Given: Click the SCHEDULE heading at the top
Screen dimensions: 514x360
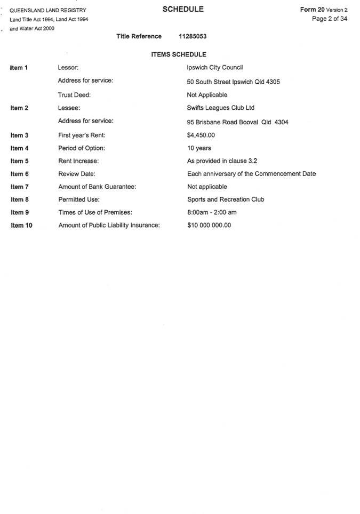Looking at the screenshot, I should click(x=183, y=10).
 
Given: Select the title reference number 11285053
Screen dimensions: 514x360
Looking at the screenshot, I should click(x=193, y=36).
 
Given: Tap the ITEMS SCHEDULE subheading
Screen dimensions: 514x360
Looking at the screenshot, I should click(x=179, y=54).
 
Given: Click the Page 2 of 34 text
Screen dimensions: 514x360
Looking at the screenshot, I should click(x=330, y=19).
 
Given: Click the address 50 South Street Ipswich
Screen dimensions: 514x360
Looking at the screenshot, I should click(x=234, y=82).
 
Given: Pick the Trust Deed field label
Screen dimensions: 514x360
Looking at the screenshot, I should click(x=74, y=95).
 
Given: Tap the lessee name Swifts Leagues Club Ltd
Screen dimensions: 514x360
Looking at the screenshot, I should click(x=221, y=108).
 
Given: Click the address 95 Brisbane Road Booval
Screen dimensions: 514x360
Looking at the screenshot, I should click(x=238, y=122).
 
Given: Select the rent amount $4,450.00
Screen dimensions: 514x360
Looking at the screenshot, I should click(x=201, y=135).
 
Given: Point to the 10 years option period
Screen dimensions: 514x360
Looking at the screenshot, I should click(x=199, y=148).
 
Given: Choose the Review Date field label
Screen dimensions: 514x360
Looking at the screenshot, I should click(x=76, y=174).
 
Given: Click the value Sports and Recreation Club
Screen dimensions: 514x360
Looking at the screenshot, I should click(x=226, y=199).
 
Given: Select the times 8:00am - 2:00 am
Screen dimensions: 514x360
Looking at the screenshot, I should click(x=212, y=212).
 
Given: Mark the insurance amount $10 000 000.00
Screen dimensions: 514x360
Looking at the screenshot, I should click(x=209, y=225).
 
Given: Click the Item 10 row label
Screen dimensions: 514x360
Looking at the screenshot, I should click(x=21, y=226).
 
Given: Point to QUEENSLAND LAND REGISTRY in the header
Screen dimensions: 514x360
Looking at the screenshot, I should click(x=48, y=10).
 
